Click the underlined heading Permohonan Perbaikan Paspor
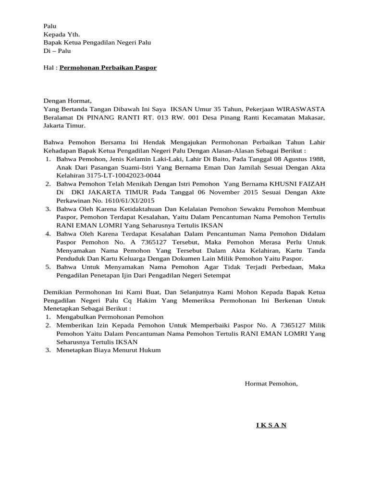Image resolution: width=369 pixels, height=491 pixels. coord(108,68)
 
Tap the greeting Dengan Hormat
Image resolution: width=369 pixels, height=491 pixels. coord(67,101)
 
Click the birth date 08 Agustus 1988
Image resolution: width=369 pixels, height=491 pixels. coord(298,159)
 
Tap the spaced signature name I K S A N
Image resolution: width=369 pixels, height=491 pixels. coord(271,425)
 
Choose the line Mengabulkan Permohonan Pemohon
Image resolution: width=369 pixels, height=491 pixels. coord(110,317)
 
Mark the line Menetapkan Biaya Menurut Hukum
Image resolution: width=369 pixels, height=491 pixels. coord(109,350)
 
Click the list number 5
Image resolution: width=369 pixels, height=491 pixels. coord(48,267)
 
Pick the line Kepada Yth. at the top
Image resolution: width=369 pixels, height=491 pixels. coord(62,35)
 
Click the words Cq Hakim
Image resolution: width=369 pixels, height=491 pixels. coord(125,300)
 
